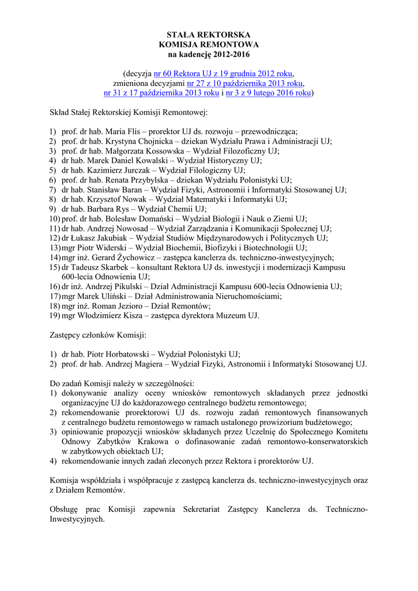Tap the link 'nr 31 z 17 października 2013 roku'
(x=161, y=93)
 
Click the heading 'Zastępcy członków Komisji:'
(x=98, y=335)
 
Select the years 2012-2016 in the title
(x=230, y=55)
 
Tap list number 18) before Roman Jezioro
(x=54, y=305)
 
